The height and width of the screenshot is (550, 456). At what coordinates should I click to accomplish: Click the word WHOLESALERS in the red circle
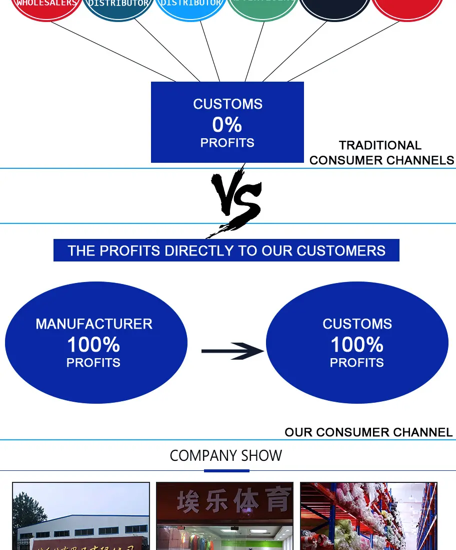coord(46,4)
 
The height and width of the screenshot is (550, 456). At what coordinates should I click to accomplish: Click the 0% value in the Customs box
coord(227,124)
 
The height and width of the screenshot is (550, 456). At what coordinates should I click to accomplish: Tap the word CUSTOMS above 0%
coord(227,104)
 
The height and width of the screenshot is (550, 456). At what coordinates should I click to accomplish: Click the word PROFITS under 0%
coord(227,143)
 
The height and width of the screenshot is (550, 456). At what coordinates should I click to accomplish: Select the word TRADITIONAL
coord(380,145)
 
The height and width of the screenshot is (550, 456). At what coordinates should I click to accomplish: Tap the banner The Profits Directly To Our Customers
coord(226,250)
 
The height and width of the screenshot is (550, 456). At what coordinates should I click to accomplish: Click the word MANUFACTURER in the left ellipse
coord(94,324)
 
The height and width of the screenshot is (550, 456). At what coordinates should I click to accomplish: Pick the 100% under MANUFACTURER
coord(93,345)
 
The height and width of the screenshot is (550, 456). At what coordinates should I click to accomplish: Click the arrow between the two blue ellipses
coord(232,351)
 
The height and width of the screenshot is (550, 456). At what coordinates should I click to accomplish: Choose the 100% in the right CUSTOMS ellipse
coord(357,345)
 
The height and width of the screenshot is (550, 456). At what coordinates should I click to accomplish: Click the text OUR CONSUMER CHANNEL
coord(368,432)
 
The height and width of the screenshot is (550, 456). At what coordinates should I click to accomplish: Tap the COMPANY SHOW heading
coord(226,456)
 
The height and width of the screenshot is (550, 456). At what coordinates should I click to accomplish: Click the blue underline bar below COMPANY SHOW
coord(226,471)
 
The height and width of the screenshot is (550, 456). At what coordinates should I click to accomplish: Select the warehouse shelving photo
coord(368,516)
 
